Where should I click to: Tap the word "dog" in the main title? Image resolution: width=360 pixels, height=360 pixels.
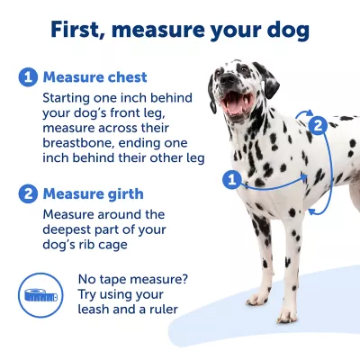coord(285,30)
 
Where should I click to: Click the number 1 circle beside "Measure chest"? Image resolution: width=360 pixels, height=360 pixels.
coord(28,76)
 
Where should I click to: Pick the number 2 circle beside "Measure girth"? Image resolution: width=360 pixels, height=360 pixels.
coord(28,193)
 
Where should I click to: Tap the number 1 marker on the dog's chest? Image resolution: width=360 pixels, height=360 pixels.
coord(230,179)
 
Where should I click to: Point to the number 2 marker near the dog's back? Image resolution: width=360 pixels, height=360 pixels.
coord(317,125)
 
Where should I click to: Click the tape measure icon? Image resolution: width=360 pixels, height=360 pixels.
coord(40,292)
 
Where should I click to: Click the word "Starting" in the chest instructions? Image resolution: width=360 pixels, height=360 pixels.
coord(70,95)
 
